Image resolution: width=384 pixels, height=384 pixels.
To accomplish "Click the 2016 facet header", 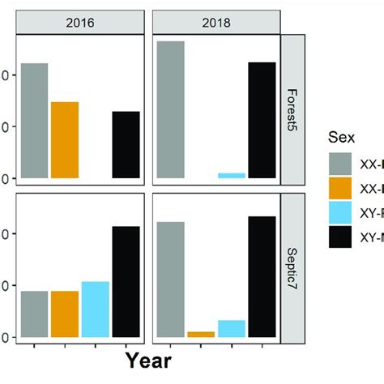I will coord(81,24).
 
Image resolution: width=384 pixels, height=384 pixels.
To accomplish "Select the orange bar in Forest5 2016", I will coord(65,139).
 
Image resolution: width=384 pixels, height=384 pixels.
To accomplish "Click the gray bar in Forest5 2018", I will coord(171,109).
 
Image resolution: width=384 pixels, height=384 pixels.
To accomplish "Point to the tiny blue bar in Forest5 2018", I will coord(232,175).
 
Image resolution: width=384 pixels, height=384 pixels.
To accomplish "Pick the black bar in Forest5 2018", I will coord(262,120).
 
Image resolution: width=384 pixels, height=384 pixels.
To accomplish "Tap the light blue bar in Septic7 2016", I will coord(96,309).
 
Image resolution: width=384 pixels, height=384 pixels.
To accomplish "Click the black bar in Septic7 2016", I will coord(126,281).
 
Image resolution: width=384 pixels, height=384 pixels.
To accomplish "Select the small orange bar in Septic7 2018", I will coord(201,334).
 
